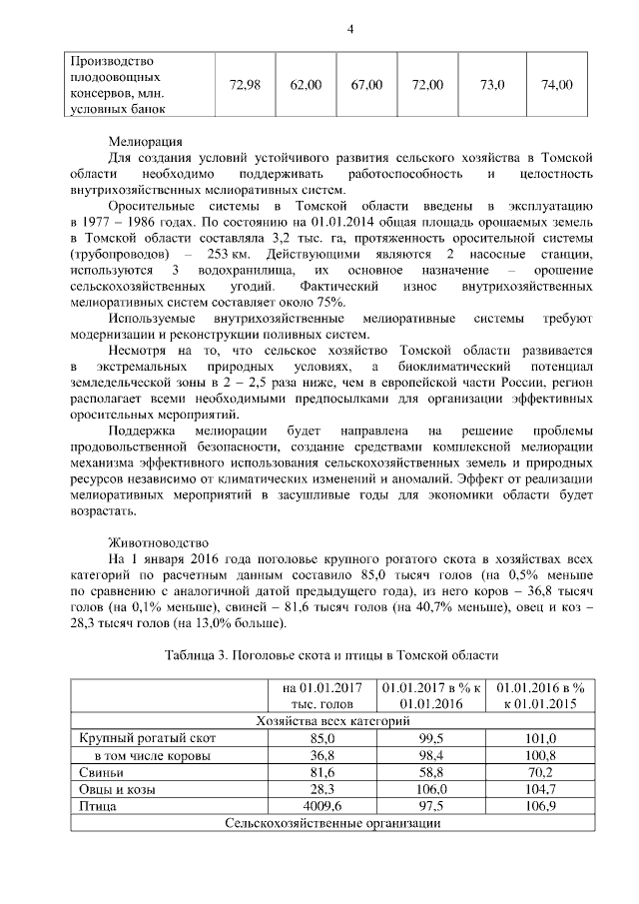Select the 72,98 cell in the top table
245,85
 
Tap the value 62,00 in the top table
306,85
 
